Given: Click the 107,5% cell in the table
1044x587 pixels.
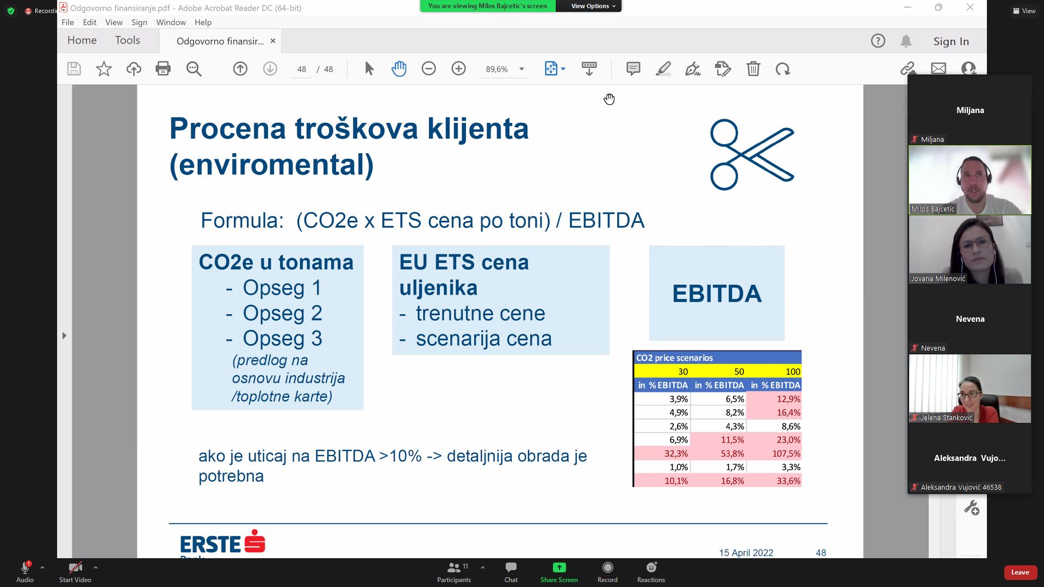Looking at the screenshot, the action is click(774, 453).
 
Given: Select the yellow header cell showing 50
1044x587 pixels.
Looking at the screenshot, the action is click(718, 372).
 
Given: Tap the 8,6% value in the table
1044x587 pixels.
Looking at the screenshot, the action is click(774, 426).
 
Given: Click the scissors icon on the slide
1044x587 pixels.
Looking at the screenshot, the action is click(752, 154).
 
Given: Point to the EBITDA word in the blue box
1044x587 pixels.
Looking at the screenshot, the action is click(717, 293).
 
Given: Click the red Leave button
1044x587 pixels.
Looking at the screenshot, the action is click(1020, 572).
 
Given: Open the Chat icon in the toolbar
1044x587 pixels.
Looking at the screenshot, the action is click(511, 572).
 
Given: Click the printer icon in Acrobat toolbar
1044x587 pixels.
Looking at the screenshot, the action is click(163, 69).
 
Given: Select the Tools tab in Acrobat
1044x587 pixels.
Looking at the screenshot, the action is click(128, 40).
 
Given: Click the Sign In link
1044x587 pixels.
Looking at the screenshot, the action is click(951, 41).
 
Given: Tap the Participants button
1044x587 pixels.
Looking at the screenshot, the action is click(455, 572).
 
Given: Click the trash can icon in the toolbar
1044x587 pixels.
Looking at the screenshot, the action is click(753, 69).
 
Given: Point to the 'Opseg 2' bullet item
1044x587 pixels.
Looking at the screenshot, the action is click(274, 313).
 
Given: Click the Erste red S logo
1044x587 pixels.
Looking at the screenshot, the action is click(255, 541).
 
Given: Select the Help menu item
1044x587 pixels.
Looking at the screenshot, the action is click(203, 22).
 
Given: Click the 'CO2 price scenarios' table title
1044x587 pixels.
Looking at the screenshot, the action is click(674, 358).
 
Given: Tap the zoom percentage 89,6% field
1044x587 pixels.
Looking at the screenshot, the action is click(496, 69).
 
